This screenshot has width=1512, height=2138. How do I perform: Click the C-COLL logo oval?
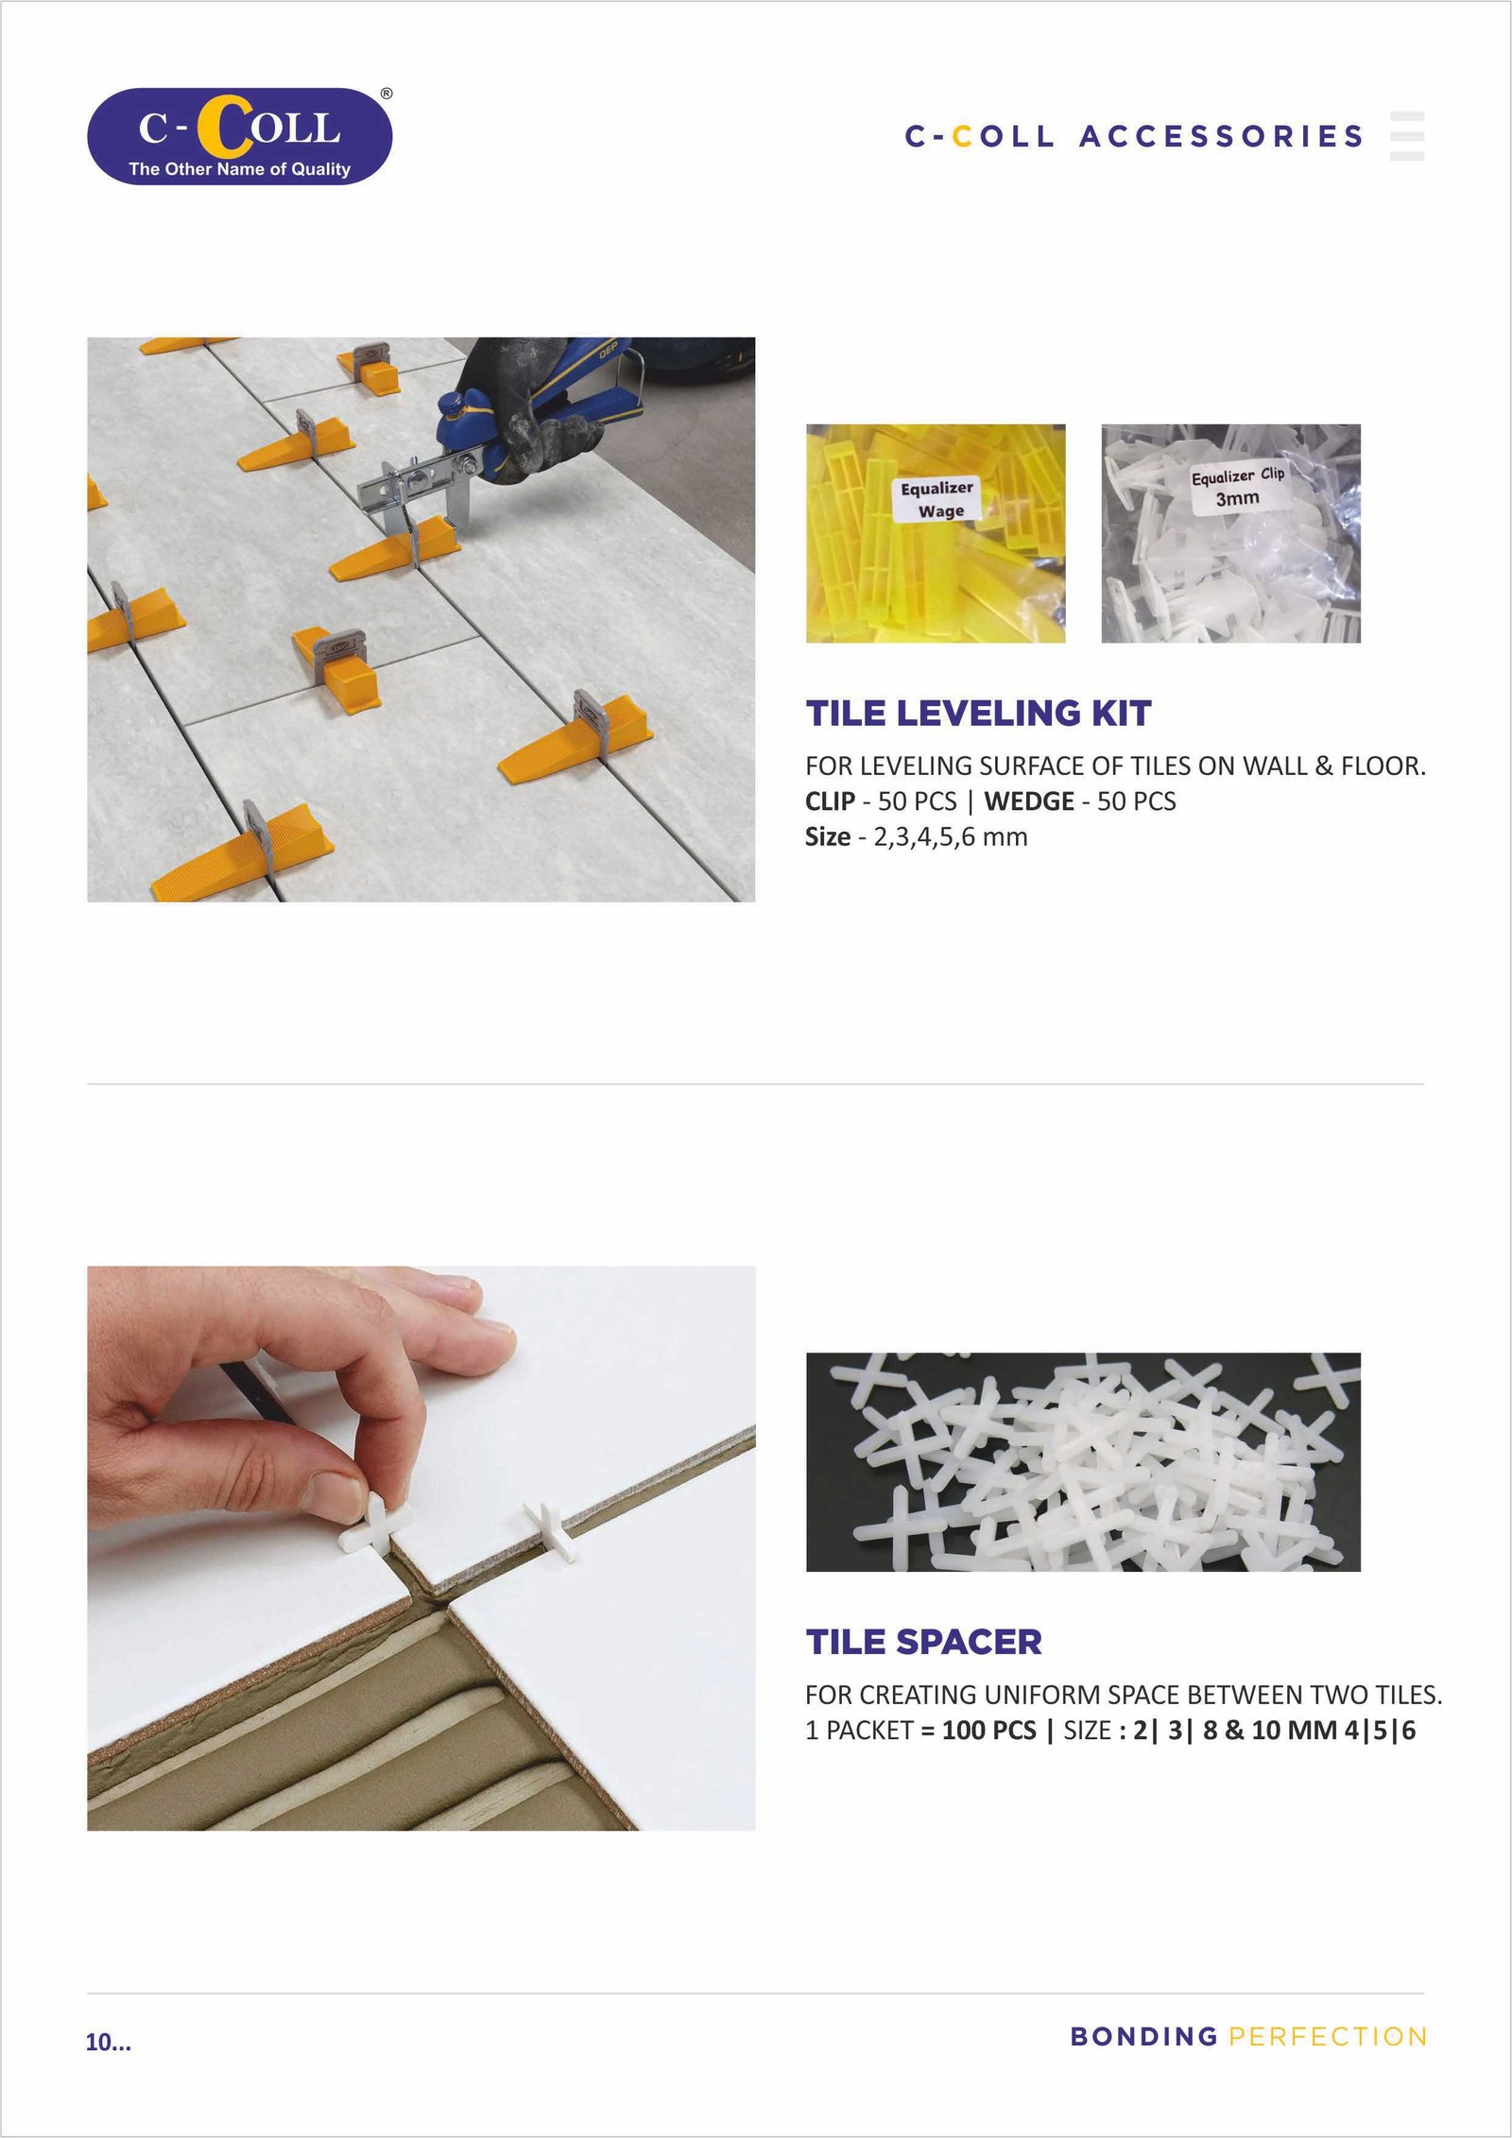(239, 136)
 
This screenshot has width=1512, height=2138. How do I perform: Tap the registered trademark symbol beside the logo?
(387, 94)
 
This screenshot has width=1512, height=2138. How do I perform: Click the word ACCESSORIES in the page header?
(1222, 136)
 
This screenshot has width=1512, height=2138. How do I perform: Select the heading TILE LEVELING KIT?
(978, 713)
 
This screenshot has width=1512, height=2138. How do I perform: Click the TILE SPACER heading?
(923, 1642)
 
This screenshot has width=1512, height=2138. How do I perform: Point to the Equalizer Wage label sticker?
(936, 499)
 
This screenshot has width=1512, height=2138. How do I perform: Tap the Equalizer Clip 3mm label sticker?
(1237, 487)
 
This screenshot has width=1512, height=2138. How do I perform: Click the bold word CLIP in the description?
(830, 802)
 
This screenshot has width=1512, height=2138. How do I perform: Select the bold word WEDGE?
(1029, 802)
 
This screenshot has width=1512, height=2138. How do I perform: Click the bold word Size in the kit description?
(827, 837)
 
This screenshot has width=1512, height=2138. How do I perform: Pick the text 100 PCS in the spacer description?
(988, 1731)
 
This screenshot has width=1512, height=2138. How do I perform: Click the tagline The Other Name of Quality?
(239, 169)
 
